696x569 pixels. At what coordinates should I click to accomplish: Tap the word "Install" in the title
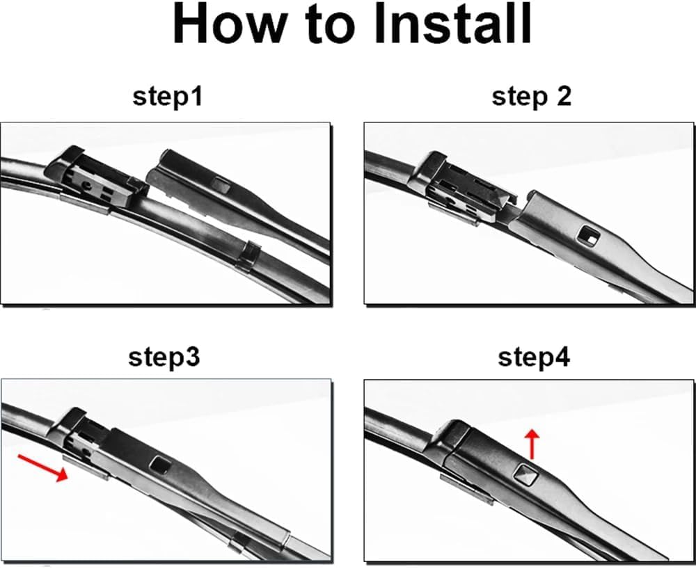point(452,24)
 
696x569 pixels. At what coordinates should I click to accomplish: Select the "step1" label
point(167,96)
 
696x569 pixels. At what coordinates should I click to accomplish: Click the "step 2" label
point(531,96)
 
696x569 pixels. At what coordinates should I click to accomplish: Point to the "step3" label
point(164,357)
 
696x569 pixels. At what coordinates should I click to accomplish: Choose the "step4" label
point(534,357)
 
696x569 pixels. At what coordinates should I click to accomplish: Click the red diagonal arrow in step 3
point(42,467)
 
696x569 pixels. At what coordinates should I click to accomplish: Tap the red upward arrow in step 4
point(532,444)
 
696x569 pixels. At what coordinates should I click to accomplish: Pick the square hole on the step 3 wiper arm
point(159,465)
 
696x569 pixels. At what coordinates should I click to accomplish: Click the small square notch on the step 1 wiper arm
point(221,184)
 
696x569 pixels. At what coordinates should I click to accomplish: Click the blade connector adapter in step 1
point(95,179)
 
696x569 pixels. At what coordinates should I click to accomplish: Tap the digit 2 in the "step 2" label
point(563,96)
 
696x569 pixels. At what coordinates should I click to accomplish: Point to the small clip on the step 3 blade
point(239,542)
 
